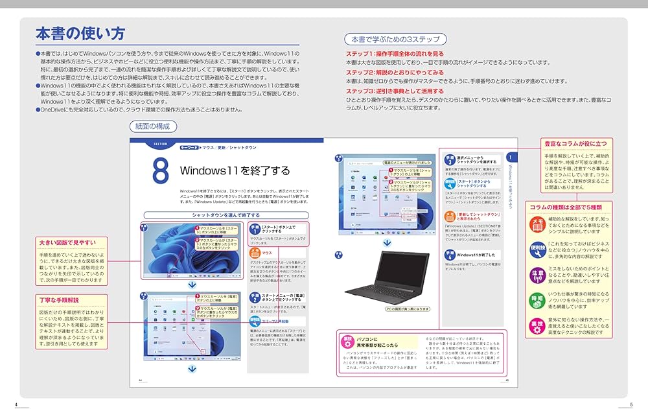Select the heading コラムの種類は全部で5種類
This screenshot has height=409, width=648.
(566, 207)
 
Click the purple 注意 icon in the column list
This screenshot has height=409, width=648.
(537, 274)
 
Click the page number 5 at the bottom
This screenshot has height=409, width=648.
(631, 404)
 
